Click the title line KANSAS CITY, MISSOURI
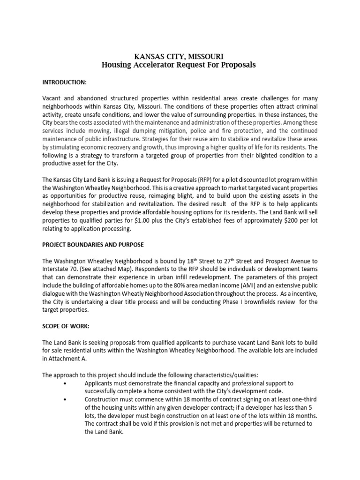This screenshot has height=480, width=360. tap(179, 56)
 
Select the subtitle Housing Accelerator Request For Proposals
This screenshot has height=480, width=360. tap(179, 65)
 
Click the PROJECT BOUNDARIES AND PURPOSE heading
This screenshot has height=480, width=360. tap(93, 245)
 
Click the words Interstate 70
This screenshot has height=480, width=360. tap(59, 269)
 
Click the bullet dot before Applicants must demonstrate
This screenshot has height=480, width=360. tap(64, 383)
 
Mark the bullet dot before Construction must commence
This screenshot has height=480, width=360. tap(64, 399)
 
